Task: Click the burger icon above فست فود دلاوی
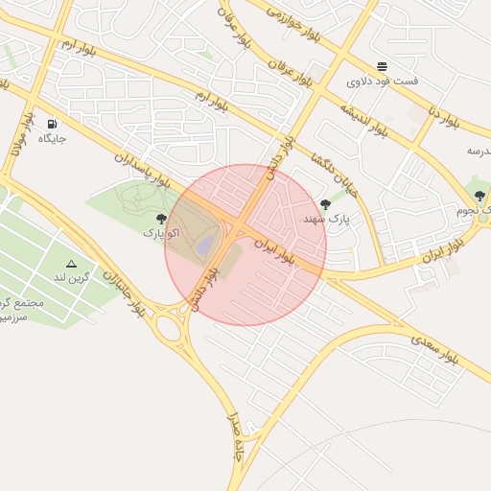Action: tap(383, 66)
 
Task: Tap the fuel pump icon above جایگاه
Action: tap(51, 124)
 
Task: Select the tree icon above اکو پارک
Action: tap(161, 219)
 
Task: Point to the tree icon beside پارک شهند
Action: tap(326, 204)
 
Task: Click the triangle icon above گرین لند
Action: tap(71, 263)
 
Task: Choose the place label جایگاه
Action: tap(51, 139)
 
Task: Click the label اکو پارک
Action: tap(161, 233)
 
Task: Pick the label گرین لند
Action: tap(71, 277)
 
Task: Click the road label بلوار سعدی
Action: tap(435, 349)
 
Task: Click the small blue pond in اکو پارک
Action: tap(205, 246)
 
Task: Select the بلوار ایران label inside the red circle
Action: tap(274, 253)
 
